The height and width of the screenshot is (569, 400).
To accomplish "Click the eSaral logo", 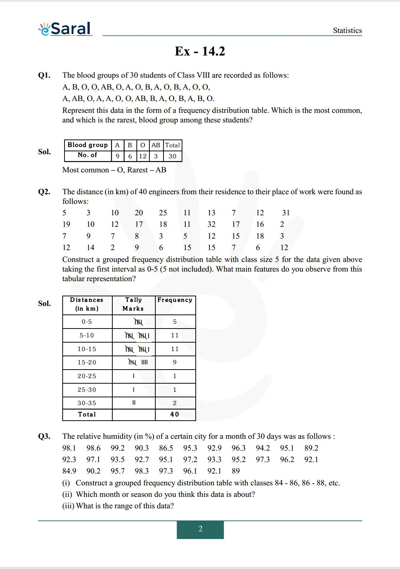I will click(x=65, y=28).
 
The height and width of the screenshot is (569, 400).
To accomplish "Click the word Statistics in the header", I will click(x=347, y=30).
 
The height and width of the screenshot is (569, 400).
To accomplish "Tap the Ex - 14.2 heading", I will click(x=200, y=51).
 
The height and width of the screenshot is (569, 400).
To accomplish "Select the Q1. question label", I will click(x=44, y=75).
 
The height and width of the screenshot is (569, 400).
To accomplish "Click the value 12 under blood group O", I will click(x=143, y=156).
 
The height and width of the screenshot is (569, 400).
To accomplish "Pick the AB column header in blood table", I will click(x=156, y=145).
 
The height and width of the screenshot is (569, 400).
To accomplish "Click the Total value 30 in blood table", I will click(x=172, y=156).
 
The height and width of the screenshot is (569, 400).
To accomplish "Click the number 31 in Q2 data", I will click(x=286, y=213).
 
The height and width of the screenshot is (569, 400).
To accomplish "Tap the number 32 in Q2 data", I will click(x=211, y=224).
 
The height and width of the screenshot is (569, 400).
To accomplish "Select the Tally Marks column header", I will click(x=133, y=304).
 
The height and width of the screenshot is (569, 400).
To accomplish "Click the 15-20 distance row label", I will click(x=87, y=362).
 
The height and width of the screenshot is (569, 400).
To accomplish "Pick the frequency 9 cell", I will click(x=175, y=362).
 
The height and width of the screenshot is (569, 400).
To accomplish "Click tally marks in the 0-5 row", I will click(x=138, y=322).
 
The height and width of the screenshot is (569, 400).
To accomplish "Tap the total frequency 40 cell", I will click(x=175, y=414).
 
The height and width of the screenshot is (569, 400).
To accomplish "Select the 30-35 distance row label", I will click(x=87, y=403).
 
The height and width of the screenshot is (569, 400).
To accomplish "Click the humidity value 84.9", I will click(x=69, y=471).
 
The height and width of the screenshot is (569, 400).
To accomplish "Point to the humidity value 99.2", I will click(x=118, y=448).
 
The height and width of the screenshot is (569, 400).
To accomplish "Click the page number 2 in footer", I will click(x=200, y=529).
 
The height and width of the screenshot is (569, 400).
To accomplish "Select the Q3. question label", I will click(x=44, y=436).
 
